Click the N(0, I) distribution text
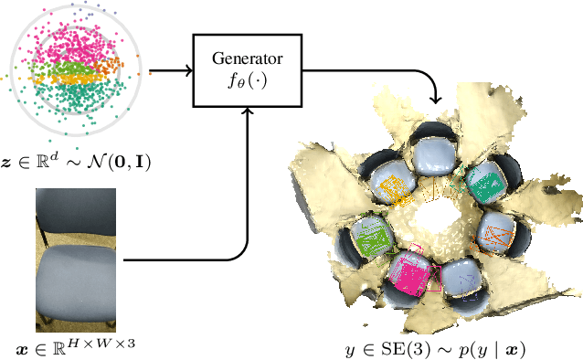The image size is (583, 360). (113, 164)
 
